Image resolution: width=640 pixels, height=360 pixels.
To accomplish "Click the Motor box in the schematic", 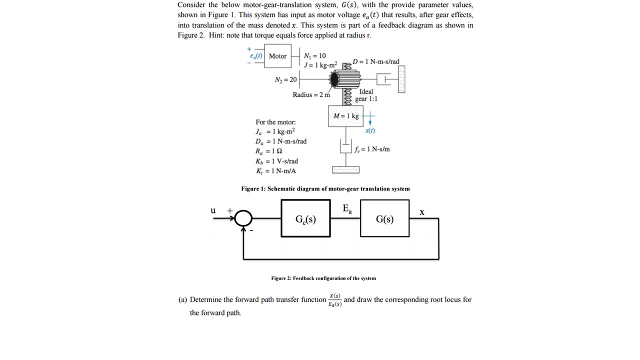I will click(277, 56).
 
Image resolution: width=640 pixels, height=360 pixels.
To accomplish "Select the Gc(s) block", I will click(305, 218).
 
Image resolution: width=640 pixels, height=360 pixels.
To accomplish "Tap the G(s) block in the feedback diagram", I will click(384, 218).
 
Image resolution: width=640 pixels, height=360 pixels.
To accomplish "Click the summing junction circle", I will click(243, 218).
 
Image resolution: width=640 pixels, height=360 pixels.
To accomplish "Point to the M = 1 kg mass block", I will click(345, 116).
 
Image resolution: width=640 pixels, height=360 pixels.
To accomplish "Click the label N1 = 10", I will click(315, 56).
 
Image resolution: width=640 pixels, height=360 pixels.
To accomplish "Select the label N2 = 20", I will click(286, 79).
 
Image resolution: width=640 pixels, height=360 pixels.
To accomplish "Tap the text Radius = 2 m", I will click(311, 95).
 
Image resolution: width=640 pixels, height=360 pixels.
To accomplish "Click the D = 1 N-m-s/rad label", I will click(376, 62).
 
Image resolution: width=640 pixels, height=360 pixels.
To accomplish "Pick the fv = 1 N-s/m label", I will click(372, 149).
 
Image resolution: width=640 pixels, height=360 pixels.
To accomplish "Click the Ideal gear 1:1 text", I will click(366, 95).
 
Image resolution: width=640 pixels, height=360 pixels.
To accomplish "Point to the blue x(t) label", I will click(370, 130).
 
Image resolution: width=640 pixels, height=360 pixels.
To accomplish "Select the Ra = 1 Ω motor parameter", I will click(268, 151).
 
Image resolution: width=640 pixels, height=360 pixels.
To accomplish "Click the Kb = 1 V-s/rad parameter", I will click(277, 161).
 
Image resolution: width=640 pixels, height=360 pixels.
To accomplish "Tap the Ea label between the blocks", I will click(347, 209).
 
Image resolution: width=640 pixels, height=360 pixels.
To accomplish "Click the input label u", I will click(213, 210).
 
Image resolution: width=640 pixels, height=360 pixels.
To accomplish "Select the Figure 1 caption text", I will click(325, 189).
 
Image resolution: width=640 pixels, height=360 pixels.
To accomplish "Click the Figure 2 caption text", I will click(323, 278).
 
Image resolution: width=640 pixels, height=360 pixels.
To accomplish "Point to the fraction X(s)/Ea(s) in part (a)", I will click(335, 300).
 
